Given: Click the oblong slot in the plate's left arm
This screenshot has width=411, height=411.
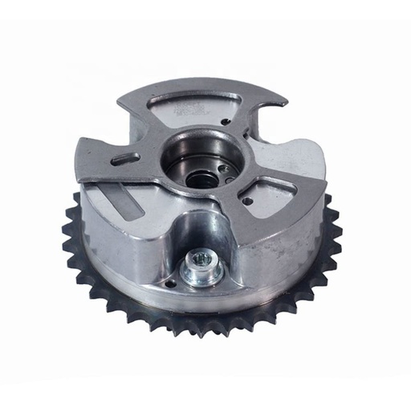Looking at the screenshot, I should pos(125,159).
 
